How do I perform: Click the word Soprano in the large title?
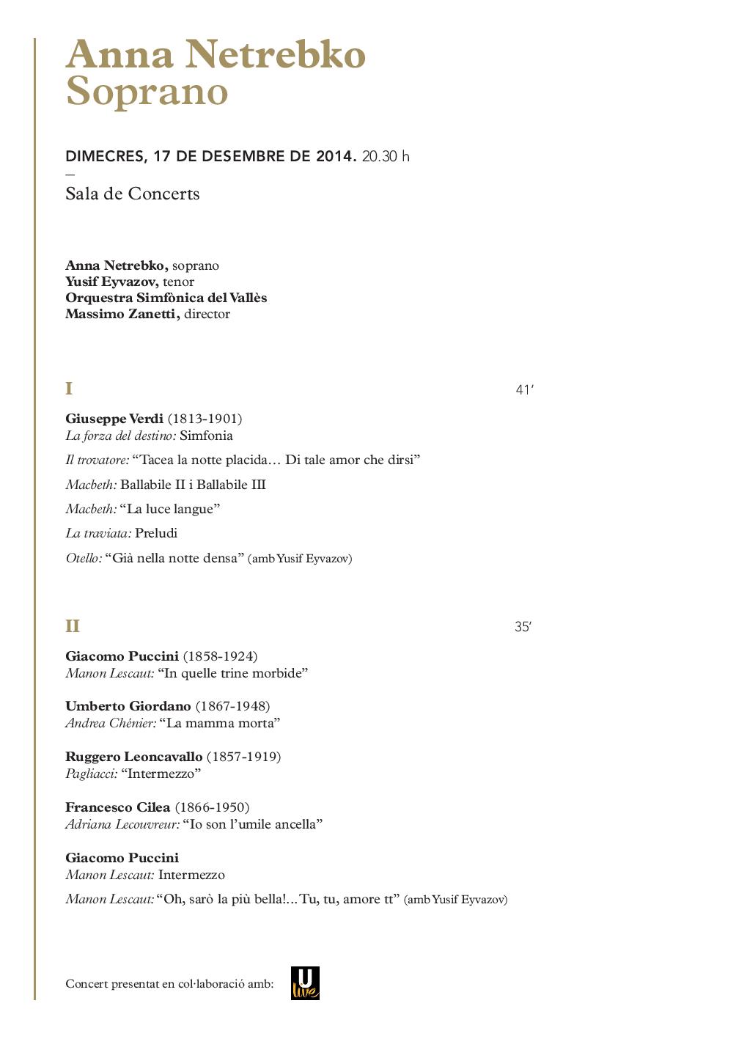(x=147, y=92)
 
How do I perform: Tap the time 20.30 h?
(x=386, y=156)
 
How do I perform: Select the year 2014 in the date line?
(x=336, y=156)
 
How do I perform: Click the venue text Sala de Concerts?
(x=133, y=194)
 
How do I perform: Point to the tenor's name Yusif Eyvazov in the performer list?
(x=111, y=282)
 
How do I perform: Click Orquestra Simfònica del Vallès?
(x=166, y=298)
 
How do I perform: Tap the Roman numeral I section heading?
(x=69, y=389)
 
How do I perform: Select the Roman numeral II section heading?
(x=73, y=626)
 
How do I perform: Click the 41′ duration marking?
(x=524, y=390)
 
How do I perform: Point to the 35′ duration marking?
(x=523, y=627)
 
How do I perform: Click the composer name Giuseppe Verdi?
(x=114, y=419)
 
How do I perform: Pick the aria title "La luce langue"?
(x=170, y=509)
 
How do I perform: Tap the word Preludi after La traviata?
(x=156, y=533)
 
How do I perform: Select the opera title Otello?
(x=84, y=559)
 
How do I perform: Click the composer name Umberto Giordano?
(x=128, y=706)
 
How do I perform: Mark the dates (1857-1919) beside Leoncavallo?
(x=243, y=757)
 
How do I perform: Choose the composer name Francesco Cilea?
(x=117, y=807)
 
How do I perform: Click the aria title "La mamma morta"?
(x=220, y=723)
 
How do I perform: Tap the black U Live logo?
(x=305, y=983)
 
